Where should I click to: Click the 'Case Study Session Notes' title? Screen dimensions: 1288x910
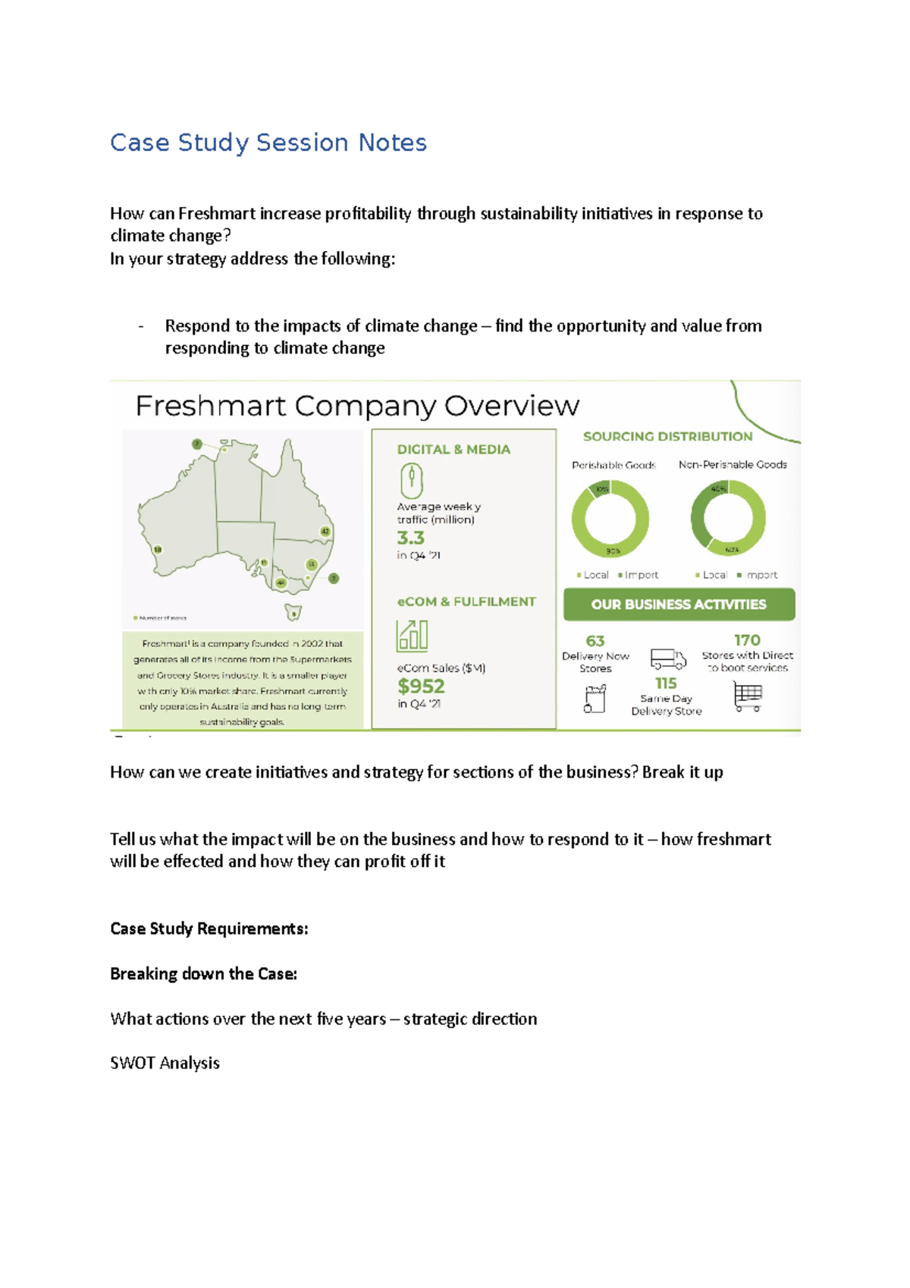pyautogui.click(x=268, y=143)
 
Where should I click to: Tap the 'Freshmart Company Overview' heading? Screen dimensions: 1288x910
pyautogui.click(x=357, y=406)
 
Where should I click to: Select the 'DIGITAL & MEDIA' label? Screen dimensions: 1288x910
pyautogui.click(x=453, y=449)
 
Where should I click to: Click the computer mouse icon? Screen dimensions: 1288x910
pyautogui.click(x=411, y=480)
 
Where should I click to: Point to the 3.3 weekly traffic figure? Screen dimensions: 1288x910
pyautogui.click(x=410, y=538)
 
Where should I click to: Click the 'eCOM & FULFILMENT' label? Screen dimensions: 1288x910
pyautogui.click(x=466, y=602)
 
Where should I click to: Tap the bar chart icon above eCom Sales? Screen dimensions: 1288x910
pyautogui.click(x=413, y=636)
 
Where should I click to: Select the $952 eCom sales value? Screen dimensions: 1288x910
pyautogui.click(x=421, y=686)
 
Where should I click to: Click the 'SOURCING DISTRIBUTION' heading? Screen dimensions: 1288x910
pyautogui.click(x=667, y=436)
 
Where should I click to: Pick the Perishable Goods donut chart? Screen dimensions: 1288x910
pyautogui.click(x=610, y=520)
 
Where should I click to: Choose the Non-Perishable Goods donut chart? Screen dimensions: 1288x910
pyautogui.click(x=728, y=518)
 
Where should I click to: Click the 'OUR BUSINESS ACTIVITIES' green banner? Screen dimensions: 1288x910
pyautogui.click(x=679, y=605)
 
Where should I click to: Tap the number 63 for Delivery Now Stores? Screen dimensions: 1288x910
pyautogui.click(x=595, y=641)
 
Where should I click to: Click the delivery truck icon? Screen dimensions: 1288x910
pyautogui.click(x=668, y=658)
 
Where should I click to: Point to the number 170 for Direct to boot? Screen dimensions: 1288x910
pyautogui.click(x=747, y=640)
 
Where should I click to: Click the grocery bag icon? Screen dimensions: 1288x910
pyautogui.click(x=595, y=699)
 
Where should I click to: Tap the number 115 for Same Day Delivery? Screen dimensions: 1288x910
pyautogui.click(x=666, y=683)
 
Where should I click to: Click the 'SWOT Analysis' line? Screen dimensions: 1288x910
pyautogui.click(x=165, y=1063)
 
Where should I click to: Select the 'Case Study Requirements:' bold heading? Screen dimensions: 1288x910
pyautogui.click(x=209, y=928)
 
